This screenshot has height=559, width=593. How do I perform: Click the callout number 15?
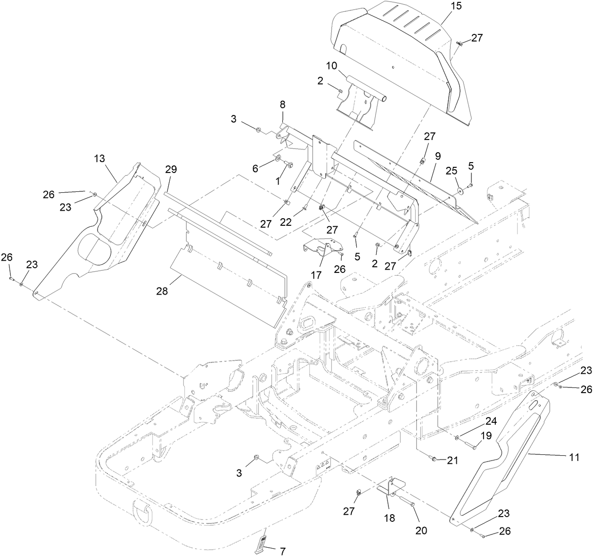(x=456, y=6)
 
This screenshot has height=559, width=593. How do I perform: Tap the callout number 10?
(x=331, y=65)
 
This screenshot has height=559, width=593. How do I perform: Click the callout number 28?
(x=162, y=292)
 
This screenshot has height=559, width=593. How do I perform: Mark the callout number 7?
(x=282, y=551)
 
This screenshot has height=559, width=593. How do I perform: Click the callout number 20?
(x=420, y=530)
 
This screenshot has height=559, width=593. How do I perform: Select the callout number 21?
(x=452, y=461)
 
